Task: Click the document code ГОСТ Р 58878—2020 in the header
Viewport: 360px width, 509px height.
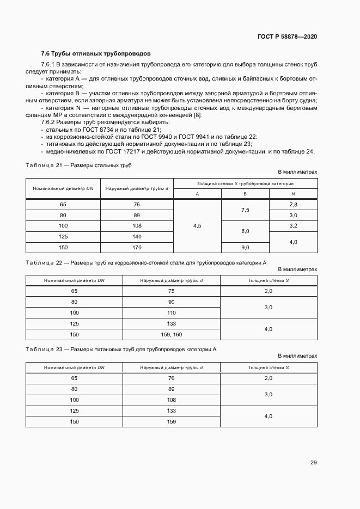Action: point(287,36)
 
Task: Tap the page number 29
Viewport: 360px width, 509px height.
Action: point(313,463)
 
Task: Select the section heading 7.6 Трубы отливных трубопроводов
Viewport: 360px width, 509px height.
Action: point(96,54)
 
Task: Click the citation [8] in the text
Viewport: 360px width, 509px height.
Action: point(198,115)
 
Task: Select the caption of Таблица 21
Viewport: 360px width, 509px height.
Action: point(79,165)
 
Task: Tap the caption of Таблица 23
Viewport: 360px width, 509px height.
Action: point(121,349)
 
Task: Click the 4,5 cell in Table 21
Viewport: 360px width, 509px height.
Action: point(197,226)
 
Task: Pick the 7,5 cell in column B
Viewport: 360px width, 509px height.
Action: point(245,210)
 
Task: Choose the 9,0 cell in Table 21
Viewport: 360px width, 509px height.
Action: point(245,248)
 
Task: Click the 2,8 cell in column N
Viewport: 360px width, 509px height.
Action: point(293,204)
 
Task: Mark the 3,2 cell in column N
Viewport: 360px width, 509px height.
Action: point(293,225)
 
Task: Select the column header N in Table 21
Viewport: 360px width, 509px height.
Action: point(293,194)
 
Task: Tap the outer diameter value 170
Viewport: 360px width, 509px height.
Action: point(137,247)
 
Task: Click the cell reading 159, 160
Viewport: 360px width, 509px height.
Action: point(171,334)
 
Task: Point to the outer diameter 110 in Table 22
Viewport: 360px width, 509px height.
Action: point(171,312)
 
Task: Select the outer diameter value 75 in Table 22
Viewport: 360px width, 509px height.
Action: point(171,291)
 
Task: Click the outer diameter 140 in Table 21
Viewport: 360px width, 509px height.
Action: point(137,237)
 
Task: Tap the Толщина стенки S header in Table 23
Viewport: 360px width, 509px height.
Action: point(268,367)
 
